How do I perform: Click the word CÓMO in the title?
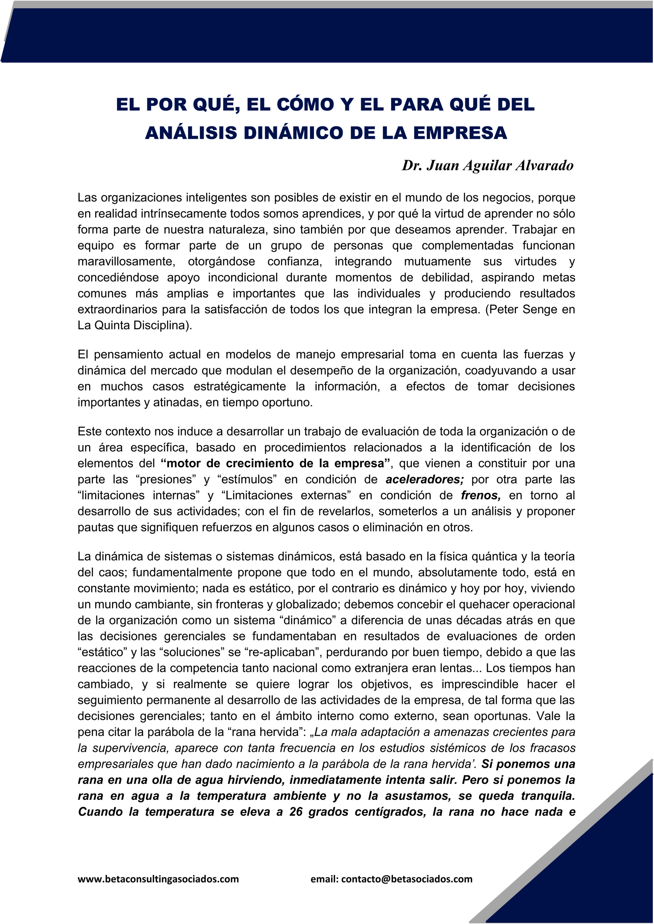[x=305, y=105]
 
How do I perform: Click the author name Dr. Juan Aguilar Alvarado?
[x=487, y=166]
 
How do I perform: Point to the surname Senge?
[x=539, y=309]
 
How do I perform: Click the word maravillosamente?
[x=126, y=261]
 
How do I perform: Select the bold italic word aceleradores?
[x=425, y=479]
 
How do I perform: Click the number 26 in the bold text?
[x=296, y=812]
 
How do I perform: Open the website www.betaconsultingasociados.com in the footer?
[x=158, y=879]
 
